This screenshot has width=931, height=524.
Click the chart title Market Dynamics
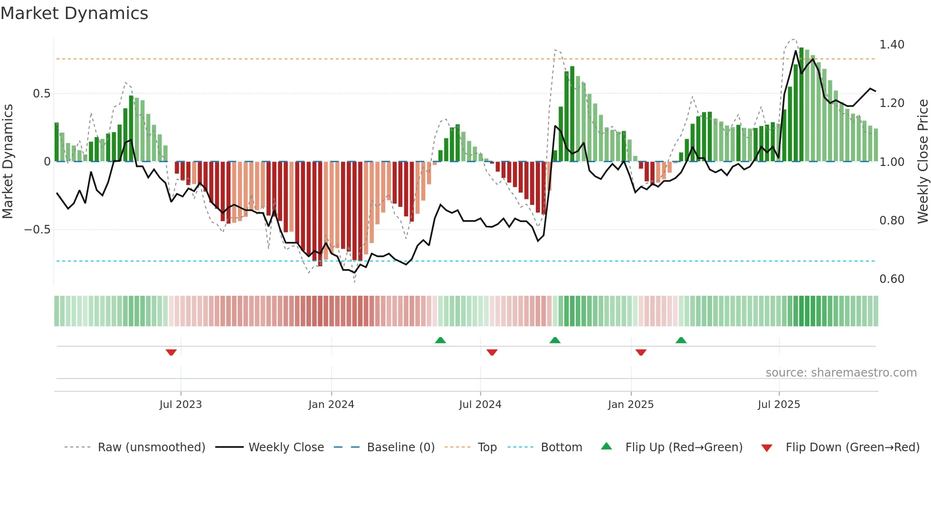pyautogui.click(x=74, y=13)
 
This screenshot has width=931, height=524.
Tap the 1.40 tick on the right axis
pyautogui.click(x=892, y=45)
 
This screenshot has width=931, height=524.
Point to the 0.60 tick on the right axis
pyautogui.click(x=892, y=279)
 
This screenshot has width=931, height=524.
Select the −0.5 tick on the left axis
pyautogui.click(x=37, y=230)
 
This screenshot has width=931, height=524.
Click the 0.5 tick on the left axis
pyautogui.click(x=41, y=94)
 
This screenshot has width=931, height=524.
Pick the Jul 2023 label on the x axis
pyautogui.click(x=180, y=405)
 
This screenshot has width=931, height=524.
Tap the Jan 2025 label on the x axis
pyautogui.click(x=630, y=405)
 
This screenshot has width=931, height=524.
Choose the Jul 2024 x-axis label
pyautogui.click(x=480, y=405)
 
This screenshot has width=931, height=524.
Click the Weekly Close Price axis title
pyautogui.click(x=922, y=162)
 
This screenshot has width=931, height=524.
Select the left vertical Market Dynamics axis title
pyautogui.click(x=8, y=162)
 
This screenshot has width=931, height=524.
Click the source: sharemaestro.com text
pyautogui.click(x=841, y=373)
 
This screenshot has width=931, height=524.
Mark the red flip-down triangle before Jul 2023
pyautogui.click(x=171, y=352)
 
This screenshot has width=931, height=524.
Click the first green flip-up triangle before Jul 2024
pyautogui.click(x=440, y=340)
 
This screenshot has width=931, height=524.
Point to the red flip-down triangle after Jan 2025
pyautogui.click(x=641, y=352)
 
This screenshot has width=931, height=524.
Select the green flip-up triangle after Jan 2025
pyautogui.click(x=681, y=340)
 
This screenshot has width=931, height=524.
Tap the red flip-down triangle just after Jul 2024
pyautogui.click(x=492, y=352)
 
